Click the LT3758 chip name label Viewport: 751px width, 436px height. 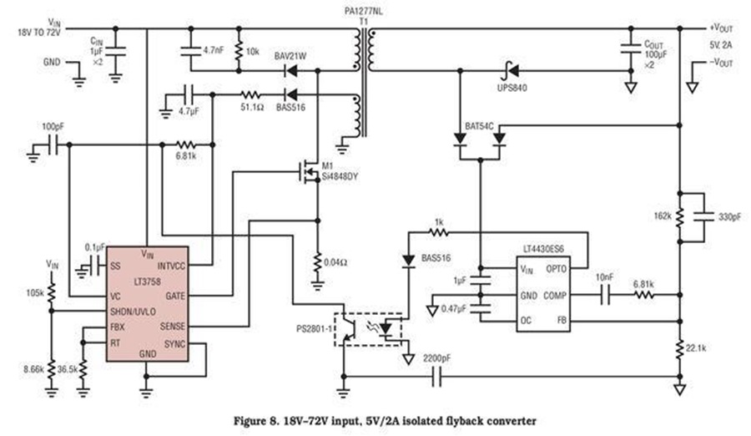point(147,281)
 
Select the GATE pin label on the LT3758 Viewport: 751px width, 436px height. point(175,296)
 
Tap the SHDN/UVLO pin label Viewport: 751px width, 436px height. point(133,312)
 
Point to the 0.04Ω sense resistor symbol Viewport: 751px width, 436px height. point(317,263)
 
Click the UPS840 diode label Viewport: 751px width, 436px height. point(512,89)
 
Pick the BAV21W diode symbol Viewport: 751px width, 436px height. point(290,71)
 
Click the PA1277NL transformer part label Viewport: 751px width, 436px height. point(364,11)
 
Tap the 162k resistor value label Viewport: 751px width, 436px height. point(663,215)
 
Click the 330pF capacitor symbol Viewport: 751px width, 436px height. point(704,217)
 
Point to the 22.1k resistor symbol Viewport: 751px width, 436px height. point(679,348)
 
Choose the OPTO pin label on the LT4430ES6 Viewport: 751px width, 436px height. point(556,269)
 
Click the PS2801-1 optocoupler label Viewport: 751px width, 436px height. point(315,329)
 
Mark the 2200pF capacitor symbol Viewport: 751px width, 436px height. point(436,377)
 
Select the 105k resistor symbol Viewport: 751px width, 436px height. point(51,292)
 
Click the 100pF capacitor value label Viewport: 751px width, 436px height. point(53,127)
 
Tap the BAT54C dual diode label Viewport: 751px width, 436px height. point(480,127)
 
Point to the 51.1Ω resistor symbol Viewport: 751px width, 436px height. point(250,94)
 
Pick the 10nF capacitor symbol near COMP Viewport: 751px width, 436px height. point(606,295)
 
